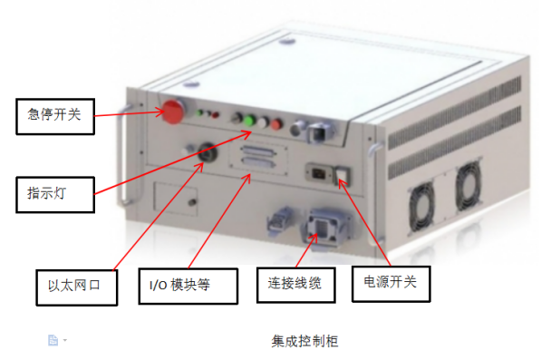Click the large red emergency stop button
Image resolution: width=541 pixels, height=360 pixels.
173,112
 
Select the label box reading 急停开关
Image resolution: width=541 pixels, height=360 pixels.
55,116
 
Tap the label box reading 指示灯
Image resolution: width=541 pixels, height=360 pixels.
55,194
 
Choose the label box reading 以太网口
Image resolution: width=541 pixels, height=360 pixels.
77,287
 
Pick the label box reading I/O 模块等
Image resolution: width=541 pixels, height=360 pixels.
188,287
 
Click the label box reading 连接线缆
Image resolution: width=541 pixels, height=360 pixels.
296,285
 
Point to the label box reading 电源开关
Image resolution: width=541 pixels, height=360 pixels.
391,284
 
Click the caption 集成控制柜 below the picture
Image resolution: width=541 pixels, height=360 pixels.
304,341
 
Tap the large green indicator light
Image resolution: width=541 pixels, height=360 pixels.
249,122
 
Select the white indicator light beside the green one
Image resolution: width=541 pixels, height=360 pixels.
263,122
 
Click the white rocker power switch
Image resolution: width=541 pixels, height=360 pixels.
343,175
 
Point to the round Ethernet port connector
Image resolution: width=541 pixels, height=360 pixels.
208,152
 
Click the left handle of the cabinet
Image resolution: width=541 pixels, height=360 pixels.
123,155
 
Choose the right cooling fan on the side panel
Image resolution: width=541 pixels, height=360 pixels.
468,186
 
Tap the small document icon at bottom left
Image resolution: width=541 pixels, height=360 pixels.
53,340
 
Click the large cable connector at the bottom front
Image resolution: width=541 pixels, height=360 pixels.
325,228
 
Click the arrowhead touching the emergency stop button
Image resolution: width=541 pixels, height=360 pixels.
160,112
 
